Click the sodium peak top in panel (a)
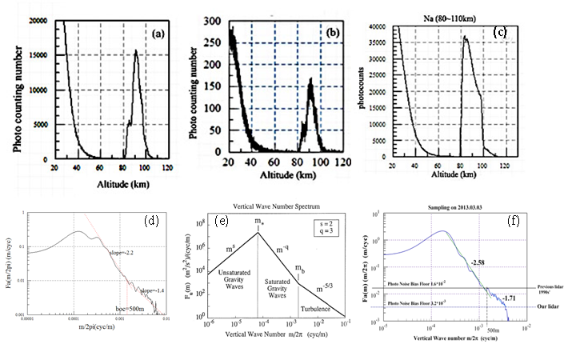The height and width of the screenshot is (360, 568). coord(136,50)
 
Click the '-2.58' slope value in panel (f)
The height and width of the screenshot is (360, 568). coord(478,262)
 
